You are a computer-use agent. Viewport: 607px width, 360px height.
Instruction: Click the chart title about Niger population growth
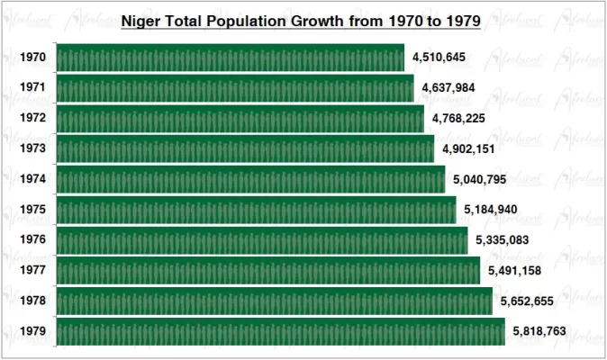coord(300,19)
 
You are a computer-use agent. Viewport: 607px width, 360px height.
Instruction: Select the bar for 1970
coord(231,58)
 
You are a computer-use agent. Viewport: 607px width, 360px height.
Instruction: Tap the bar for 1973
coord(245,148)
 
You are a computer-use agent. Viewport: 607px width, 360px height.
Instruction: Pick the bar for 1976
coord(262,240)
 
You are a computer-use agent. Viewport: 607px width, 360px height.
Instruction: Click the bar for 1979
coord(280,331)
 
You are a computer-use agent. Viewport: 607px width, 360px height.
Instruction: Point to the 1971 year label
coord(33,88)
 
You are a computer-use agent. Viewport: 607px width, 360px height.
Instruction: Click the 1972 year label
coord(33,119)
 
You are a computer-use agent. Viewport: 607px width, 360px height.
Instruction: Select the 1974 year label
coord(33,179)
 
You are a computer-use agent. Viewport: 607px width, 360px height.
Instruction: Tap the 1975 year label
coord(33,210)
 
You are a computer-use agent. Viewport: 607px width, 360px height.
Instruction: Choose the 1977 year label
coord(33,270)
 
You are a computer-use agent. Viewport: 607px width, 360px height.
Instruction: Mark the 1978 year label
coord(33,301)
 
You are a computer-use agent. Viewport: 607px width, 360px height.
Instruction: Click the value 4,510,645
coord(439,58)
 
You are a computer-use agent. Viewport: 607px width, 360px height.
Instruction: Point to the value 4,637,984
coord(448,88)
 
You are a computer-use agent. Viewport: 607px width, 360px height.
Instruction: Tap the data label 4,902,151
coord(468,148)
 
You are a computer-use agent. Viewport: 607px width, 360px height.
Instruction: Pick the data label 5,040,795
coord(480,179)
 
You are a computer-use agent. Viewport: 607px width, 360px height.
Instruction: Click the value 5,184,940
coord(491,210)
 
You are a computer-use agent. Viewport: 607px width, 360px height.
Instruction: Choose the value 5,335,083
coord(503,240)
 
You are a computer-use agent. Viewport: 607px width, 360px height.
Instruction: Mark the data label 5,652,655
coord(527,301)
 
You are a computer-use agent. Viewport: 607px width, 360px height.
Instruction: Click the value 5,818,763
coord(539,331)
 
